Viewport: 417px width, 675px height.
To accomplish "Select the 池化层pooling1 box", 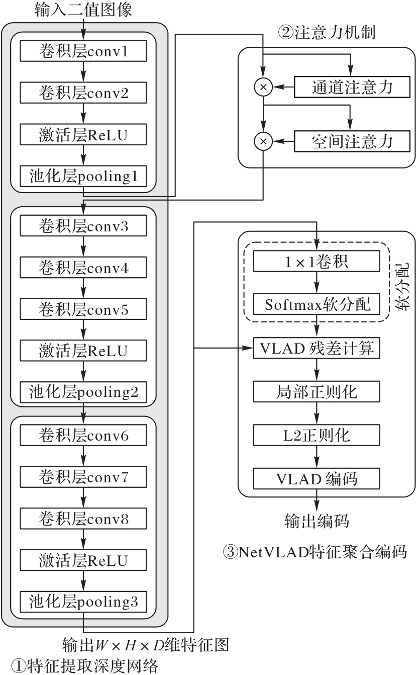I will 83,177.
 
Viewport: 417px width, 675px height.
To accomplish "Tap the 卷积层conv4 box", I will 83,268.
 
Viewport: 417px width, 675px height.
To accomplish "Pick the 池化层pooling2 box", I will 83,391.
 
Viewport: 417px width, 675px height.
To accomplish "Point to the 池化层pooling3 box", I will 83,601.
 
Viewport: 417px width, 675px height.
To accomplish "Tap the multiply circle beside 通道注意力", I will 263,88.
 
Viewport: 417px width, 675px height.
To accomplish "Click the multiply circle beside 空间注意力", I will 263,142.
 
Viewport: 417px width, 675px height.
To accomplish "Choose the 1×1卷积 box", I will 317,262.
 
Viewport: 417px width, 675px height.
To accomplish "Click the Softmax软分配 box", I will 317,305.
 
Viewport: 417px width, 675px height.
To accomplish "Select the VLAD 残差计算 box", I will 317,348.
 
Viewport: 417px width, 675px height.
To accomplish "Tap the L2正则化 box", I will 317,435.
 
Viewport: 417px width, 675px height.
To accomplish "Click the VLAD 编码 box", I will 317,478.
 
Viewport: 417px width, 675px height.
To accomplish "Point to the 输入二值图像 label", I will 84,9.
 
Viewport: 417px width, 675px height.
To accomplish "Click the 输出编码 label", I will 317,521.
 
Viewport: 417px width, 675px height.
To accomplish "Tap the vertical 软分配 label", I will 403,287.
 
